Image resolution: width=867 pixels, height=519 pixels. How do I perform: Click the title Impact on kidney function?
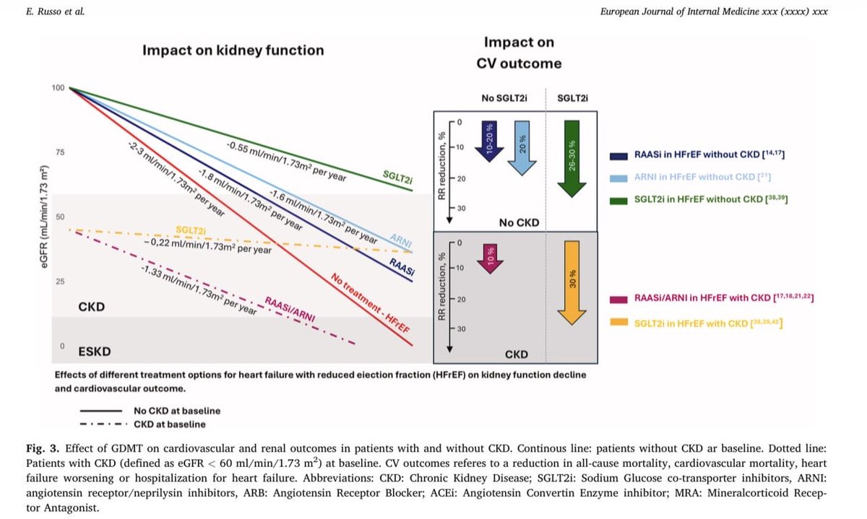click(x=233, y=51)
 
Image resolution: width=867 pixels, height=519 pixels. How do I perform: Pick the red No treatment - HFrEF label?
click(x=371, y=303)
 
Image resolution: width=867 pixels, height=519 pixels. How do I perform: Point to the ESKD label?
click(x=95, y=352)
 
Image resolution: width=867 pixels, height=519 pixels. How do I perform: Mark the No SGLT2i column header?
click(x=503, y=98)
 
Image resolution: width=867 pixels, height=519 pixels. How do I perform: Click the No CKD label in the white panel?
click(x=519, y=222)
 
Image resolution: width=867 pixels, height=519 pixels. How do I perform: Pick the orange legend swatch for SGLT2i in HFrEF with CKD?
click(x=618, y=323)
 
